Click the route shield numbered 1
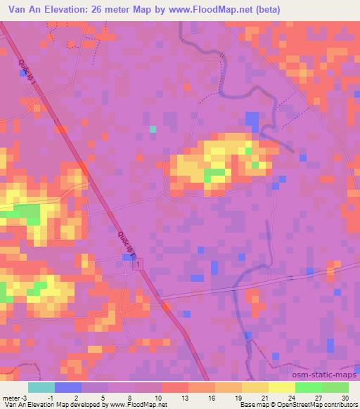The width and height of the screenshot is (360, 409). (x=139, y=263)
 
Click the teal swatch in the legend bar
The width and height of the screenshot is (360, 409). (x=41, y=387)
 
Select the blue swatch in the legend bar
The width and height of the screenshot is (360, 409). (x=68, y=387)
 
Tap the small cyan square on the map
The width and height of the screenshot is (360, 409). (x=153, y=129)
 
